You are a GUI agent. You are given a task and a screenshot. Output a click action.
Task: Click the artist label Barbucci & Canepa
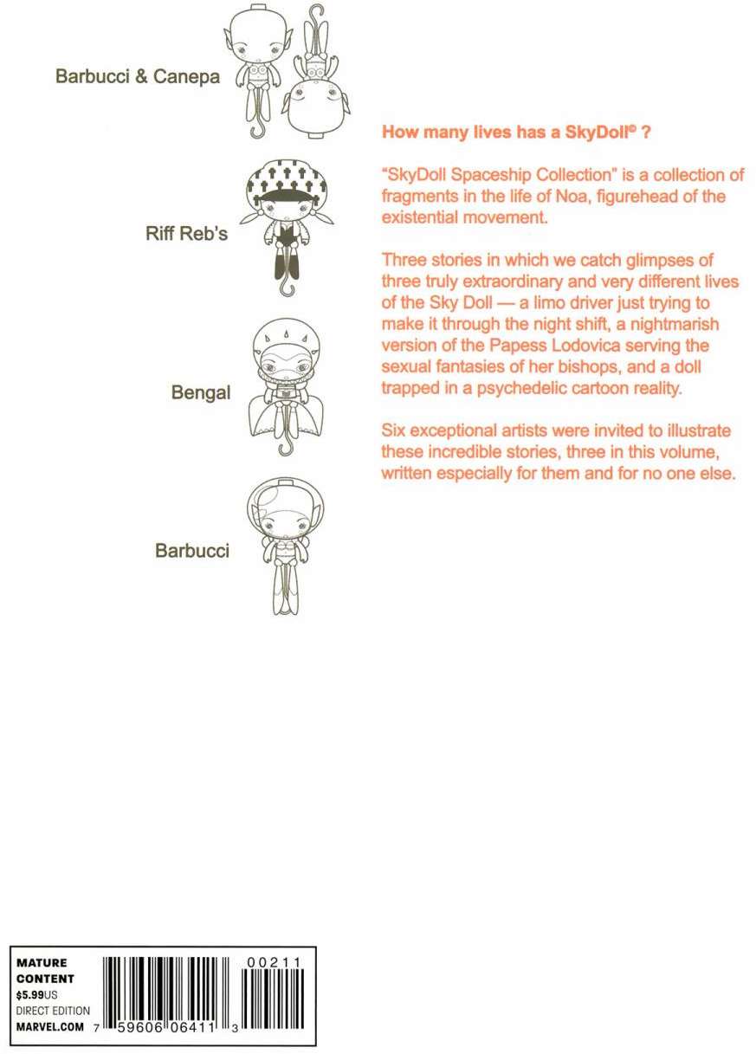(x=138, y=76)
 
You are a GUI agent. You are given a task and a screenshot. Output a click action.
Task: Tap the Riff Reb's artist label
(x=187, y=234)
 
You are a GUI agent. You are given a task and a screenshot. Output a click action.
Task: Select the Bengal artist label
(x=201, y=393)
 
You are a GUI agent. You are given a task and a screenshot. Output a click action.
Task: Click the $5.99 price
(x=32, y=995)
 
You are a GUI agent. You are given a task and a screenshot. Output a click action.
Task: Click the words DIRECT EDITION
(x=53, y=1011)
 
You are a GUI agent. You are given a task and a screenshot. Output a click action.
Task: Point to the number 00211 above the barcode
(x=275, y=963)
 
